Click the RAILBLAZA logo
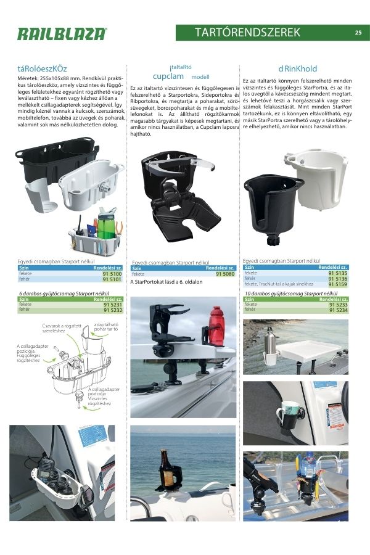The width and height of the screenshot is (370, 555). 62,34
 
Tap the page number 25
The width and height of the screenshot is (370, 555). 358,33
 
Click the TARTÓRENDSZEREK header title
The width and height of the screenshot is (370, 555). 248,33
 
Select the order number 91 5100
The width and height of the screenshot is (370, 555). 112,273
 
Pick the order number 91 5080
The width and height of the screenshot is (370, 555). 225,273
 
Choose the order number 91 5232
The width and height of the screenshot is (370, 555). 112,310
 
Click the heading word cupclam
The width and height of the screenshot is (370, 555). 168,76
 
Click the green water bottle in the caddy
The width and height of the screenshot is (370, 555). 105,228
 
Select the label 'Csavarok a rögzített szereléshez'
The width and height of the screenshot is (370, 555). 62,328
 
